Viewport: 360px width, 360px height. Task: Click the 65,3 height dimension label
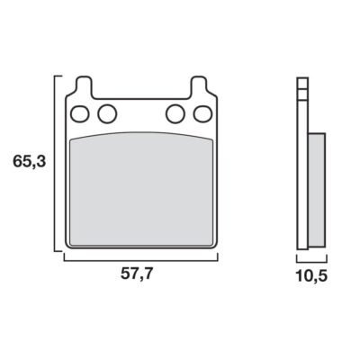click(x=29, y=162)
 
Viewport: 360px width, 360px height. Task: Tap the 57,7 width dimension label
click(x=137, y=274)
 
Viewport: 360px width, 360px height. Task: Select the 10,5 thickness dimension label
click(x=311, y=276)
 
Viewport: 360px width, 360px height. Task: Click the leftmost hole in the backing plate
click(x=80, y=114)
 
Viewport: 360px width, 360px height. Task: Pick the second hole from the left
click(x=107, y=113)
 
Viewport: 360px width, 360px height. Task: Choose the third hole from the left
click(x=175, y=113)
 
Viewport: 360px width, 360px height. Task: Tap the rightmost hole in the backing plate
click(x=202, y=114)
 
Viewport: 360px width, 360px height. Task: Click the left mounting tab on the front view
click(x=84, y=87)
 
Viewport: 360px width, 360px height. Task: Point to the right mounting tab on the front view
click(x=199, y=87)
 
